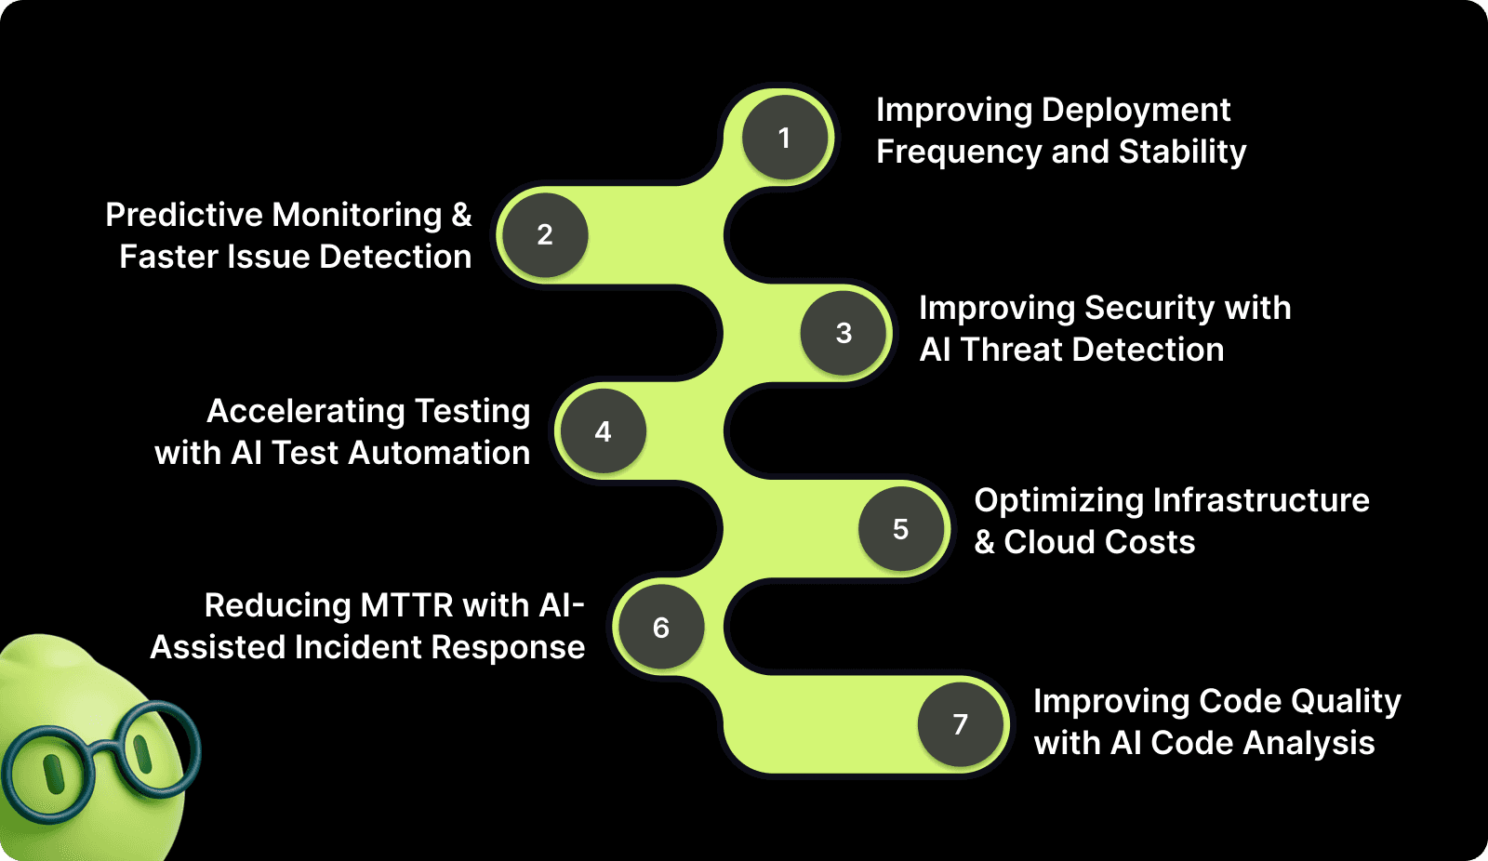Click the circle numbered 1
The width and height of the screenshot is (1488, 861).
[785, 138]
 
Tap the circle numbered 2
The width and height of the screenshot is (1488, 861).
[544, 235]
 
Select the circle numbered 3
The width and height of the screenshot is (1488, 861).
[844, 333]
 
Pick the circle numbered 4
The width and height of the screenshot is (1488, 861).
[603, 431]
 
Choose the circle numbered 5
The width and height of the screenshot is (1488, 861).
[900, 529]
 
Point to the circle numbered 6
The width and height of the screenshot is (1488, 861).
[660, 628]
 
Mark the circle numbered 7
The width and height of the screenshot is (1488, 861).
[960, 724]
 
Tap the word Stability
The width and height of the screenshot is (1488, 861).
[1182, 152]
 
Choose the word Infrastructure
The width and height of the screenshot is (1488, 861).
[1261, 500]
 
